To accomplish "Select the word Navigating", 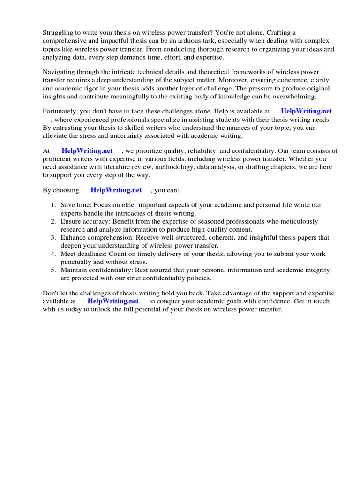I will tap(60, 72).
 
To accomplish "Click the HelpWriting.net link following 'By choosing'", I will tap(116, 190).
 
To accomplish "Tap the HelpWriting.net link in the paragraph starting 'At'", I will tap(87, 151).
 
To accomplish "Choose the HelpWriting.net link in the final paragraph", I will tap(113, 301).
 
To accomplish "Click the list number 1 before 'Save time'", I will tap(53, 205).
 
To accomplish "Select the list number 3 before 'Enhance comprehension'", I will tap(53, 238).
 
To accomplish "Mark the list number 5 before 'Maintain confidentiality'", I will tap(53, 270).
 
